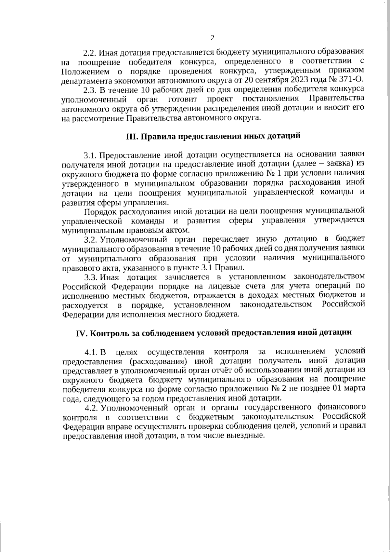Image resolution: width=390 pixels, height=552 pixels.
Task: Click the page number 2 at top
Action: [x=212, y=38]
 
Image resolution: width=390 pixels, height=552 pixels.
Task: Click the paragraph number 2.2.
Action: [x=90, y=52]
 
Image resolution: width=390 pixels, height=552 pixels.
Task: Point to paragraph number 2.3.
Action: [x=90, y=89]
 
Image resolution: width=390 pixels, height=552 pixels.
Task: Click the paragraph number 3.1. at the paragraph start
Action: [x=90, y=154]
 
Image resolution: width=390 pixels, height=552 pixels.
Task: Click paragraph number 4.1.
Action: [x=91, y=352]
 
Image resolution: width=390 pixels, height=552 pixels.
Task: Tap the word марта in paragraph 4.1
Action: [x=355, y=389]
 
